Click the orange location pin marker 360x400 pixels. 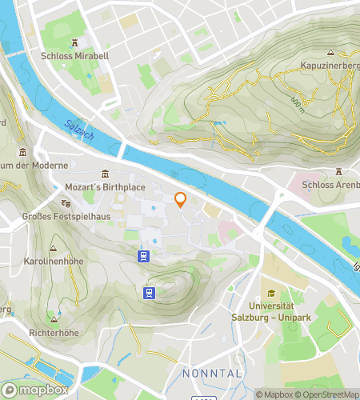click(181, 200)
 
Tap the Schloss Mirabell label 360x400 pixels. click(74, 57)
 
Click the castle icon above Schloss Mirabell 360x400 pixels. click(74, 43)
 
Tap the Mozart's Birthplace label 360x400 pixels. click(105, 187)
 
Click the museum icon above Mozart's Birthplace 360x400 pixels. click(105, 174)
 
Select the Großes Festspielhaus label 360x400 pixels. click(54, 215)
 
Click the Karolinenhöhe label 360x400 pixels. click(54, 262)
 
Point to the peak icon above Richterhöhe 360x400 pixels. click(53, 314)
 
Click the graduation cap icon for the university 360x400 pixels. click(271, 293)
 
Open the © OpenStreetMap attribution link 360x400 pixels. click(328, 394)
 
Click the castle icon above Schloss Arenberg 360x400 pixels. click(338, 171)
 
